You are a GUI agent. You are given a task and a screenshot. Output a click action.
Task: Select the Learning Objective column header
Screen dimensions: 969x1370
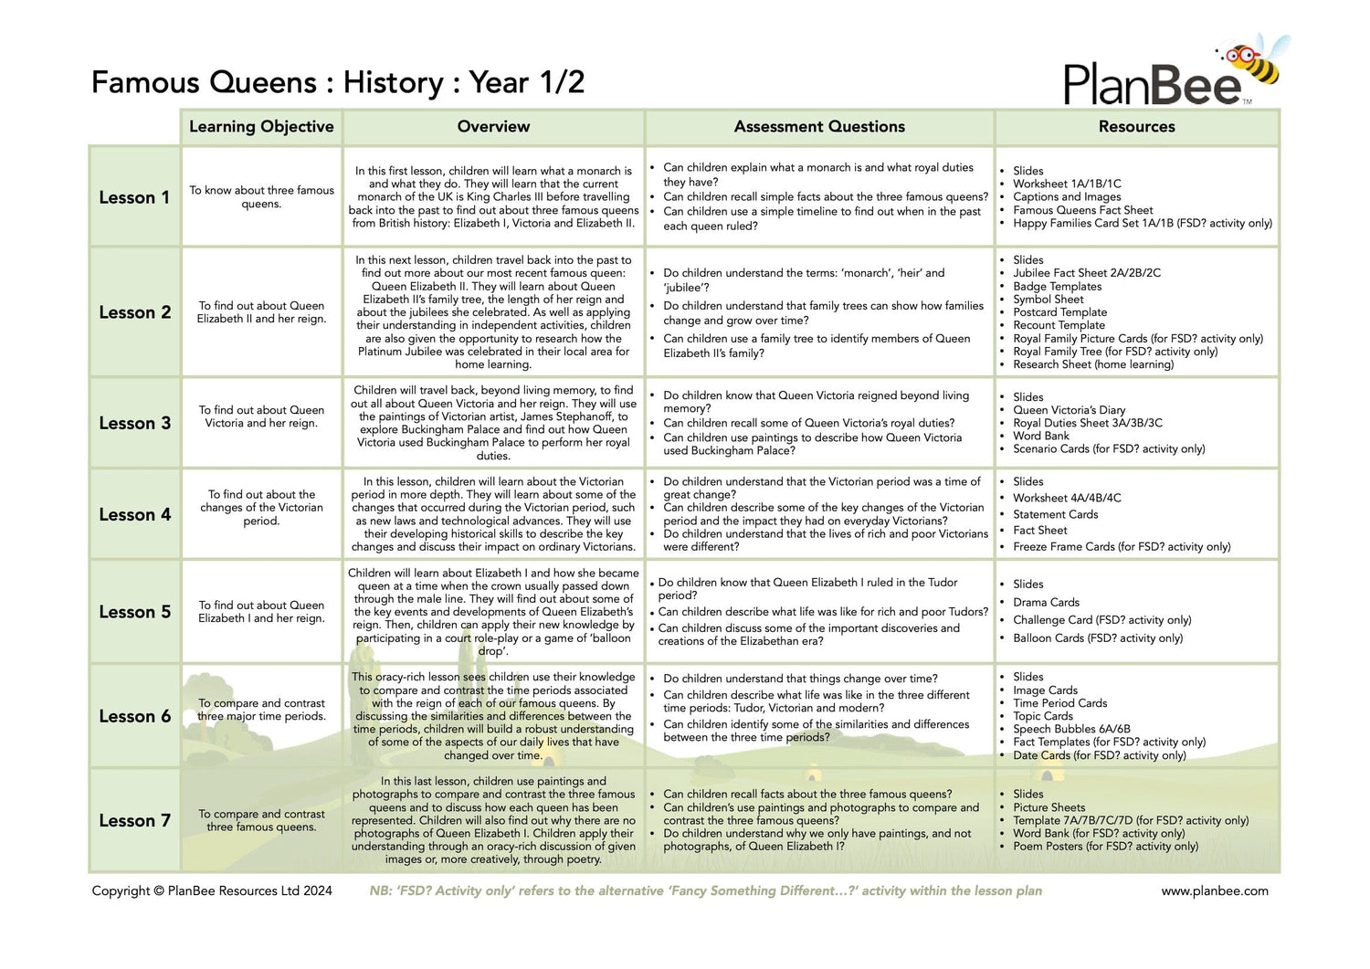(x=261, y=127)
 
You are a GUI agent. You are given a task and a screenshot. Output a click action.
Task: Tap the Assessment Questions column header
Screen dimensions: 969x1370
(x=819, y=127)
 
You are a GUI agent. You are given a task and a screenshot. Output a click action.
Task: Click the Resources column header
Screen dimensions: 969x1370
(x=1136, y=127)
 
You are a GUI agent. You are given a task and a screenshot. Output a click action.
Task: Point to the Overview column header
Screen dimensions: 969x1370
(x=493, y=127)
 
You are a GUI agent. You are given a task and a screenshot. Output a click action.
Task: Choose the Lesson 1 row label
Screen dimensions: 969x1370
(x=134, y=197)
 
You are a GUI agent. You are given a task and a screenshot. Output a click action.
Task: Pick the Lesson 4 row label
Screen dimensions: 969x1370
(x=134, y=514)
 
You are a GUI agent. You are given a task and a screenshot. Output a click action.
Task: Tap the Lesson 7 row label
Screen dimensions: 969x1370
(x=134, y=820)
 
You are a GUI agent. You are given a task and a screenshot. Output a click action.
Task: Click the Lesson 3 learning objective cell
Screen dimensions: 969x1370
(x=261, y=416)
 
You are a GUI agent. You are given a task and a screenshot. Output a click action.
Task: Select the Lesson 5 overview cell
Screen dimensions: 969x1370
(x=493, y=612)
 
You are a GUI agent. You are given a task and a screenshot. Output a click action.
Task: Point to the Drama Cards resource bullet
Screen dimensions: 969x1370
(x=1046, y=602)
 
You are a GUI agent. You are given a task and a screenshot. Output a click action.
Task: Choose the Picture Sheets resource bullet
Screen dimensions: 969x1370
(x=1049, y=807)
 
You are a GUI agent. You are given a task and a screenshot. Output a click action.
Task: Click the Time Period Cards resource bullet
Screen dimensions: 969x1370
(x=1059, y=703)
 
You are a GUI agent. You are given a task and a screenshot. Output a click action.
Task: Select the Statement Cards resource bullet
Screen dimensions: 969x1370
(x=1055, y=514)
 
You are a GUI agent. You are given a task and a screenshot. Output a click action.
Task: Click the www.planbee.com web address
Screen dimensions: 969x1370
(x=1214, y=890)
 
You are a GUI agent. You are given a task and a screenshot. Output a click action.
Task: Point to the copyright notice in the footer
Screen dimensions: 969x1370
(x=212, y=890)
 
